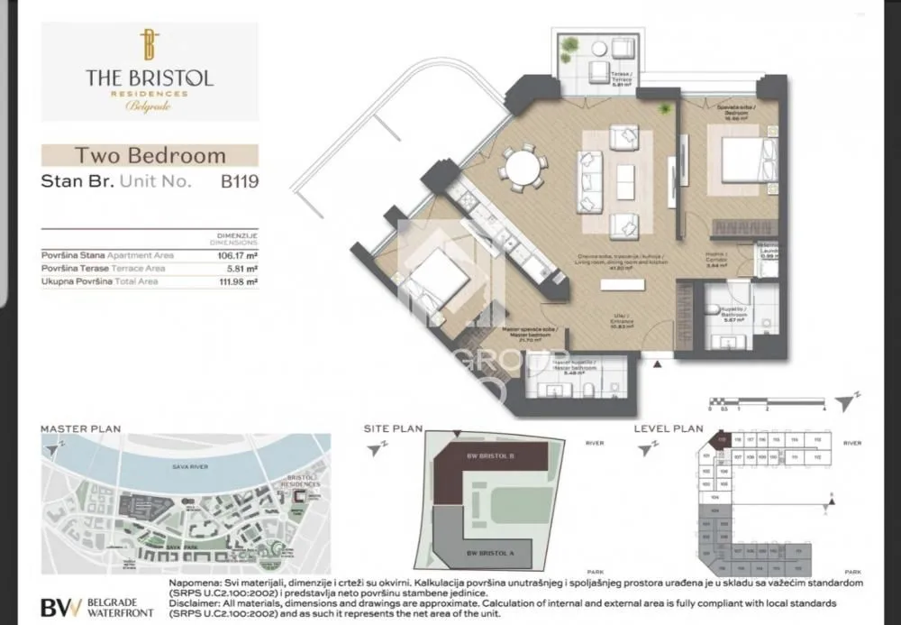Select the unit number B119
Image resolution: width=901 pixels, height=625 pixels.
240,180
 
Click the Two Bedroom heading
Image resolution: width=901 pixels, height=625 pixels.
150,155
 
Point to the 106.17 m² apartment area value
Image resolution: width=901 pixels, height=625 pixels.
237,255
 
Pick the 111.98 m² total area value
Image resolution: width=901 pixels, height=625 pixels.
237,282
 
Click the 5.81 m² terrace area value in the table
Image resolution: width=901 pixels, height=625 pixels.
241,269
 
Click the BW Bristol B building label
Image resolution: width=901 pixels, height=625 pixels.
486,457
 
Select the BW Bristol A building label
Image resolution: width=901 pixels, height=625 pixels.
486,551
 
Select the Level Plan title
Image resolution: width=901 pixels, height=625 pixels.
669,428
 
